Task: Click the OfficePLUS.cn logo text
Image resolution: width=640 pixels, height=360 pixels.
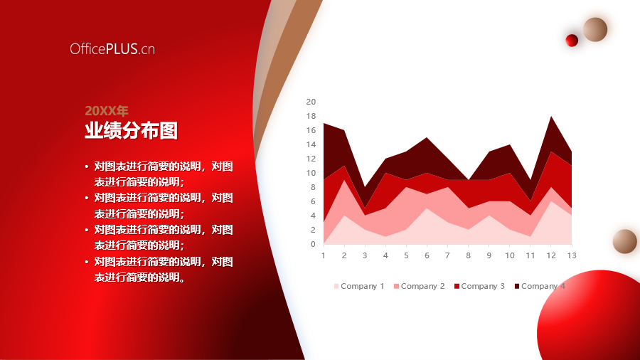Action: click(112, 49)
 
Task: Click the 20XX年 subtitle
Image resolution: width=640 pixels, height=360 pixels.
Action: click(107, 110)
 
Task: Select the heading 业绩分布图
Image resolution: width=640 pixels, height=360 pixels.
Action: click(131, 131)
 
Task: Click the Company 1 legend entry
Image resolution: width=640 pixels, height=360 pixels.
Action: click(359, 286)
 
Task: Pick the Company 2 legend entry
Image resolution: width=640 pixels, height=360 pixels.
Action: click(419, 286)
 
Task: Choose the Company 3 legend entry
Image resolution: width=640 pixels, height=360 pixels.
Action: click(479, 286)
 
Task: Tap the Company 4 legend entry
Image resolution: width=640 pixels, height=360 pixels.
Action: click(540, 286)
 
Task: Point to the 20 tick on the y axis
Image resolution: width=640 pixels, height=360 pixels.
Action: click(311, 102)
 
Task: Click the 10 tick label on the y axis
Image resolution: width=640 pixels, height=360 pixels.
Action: click(311, 173)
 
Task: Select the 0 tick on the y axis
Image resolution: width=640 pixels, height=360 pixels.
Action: click(313, 244)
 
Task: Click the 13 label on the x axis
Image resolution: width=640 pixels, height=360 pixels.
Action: click(572, 255)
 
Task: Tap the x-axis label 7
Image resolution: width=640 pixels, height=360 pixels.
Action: click(447, 255)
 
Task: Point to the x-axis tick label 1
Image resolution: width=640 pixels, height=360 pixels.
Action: click(324, 255)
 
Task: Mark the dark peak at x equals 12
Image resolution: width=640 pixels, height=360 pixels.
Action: click(551, 117)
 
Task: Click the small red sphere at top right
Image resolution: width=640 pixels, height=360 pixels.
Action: click(572, 41)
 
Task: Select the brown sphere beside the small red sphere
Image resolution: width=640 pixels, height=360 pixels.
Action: click(595, 29)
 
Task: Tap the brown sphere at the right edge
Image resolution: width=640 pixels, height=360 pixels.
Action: click(625, 241)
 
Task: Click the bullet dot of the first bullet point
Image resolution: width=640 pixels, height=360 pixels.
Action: click(87, 166)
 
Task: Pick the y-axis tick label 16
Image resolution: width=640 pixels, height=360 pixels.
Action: click(311, 130)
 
